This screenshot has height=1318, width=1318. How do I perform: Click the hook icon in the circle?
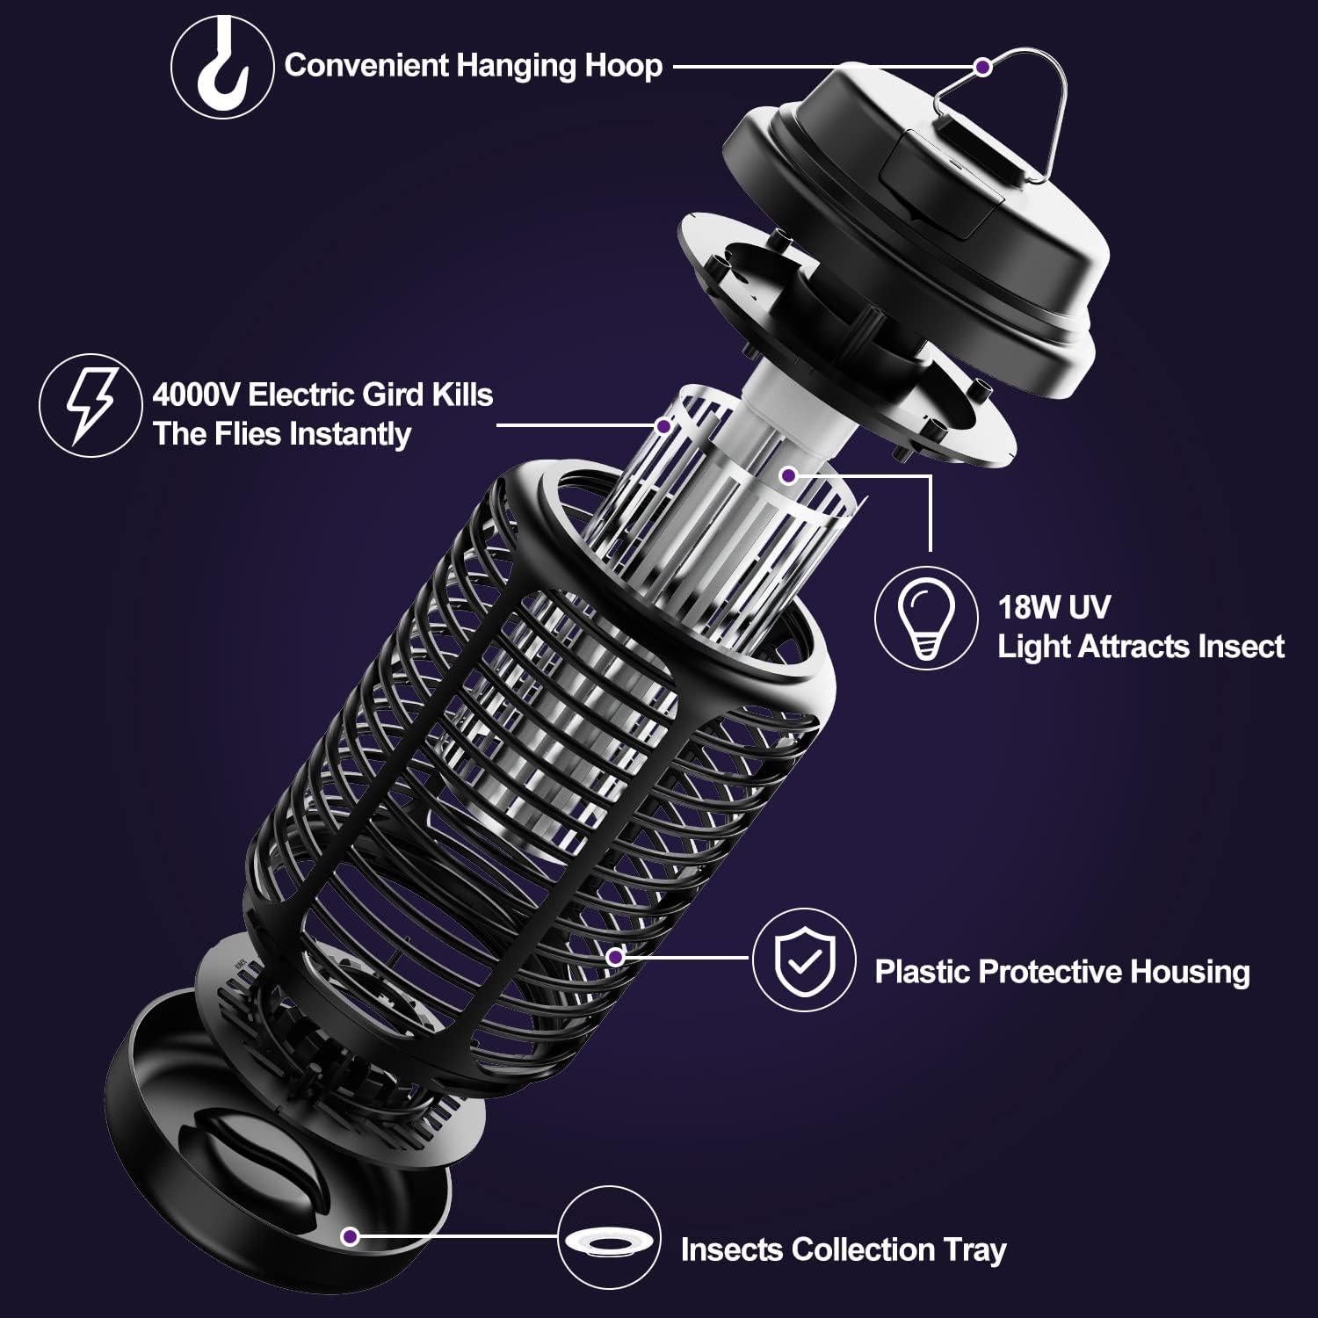click(x=221, y=67)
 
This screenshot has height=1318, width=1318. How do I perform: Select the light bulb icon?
click(x=925, y=617)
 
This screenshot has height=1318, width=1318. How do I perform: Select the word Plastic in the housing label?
click(x=923, y=972)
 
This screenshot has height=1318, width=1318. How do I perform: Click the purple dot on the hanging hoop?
click(x=983, y=66)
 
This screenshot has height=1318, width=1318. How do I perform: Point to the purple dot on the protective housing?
click(x=615, y=956)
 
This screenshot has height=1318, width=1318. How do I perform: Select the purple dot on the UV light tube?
click(x=788, y=475)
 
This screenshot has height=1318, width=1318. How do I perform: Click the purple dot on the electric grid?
click(x=663, y=426)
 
